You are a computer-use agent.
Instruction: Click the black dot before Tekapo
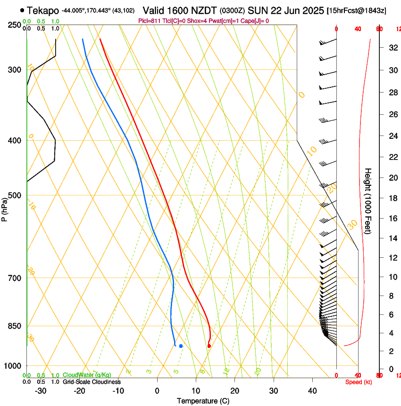22,10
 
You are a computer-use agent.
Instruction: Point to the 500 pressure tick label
15,195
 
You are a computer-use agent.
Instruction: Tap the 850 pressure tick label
15,326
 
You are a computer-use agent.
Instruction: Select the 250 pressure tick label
15,25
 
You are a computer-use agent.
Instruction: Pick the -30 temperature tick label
41,390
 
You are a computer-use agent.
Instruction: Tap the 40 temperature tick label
312,390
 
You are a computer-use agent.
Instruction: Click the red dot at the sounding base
209,346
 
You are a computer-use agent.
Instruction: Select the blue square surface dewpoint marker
181,346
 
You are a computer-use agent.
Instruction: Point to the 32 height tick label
392,48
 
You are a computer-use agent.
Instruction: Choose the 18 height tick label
392,198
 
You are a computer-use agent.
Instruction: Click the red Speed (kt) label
358,382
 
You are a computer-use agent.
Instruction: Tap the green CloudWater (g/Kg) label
87,375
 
